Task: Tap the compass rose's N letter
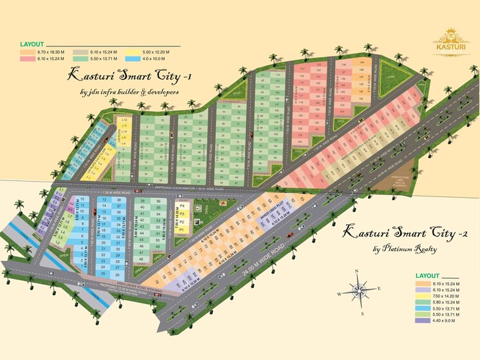361,269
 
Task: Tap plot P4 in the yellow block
182,206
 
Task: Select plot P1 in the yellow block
182,229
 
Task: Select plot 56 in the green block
158,201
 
